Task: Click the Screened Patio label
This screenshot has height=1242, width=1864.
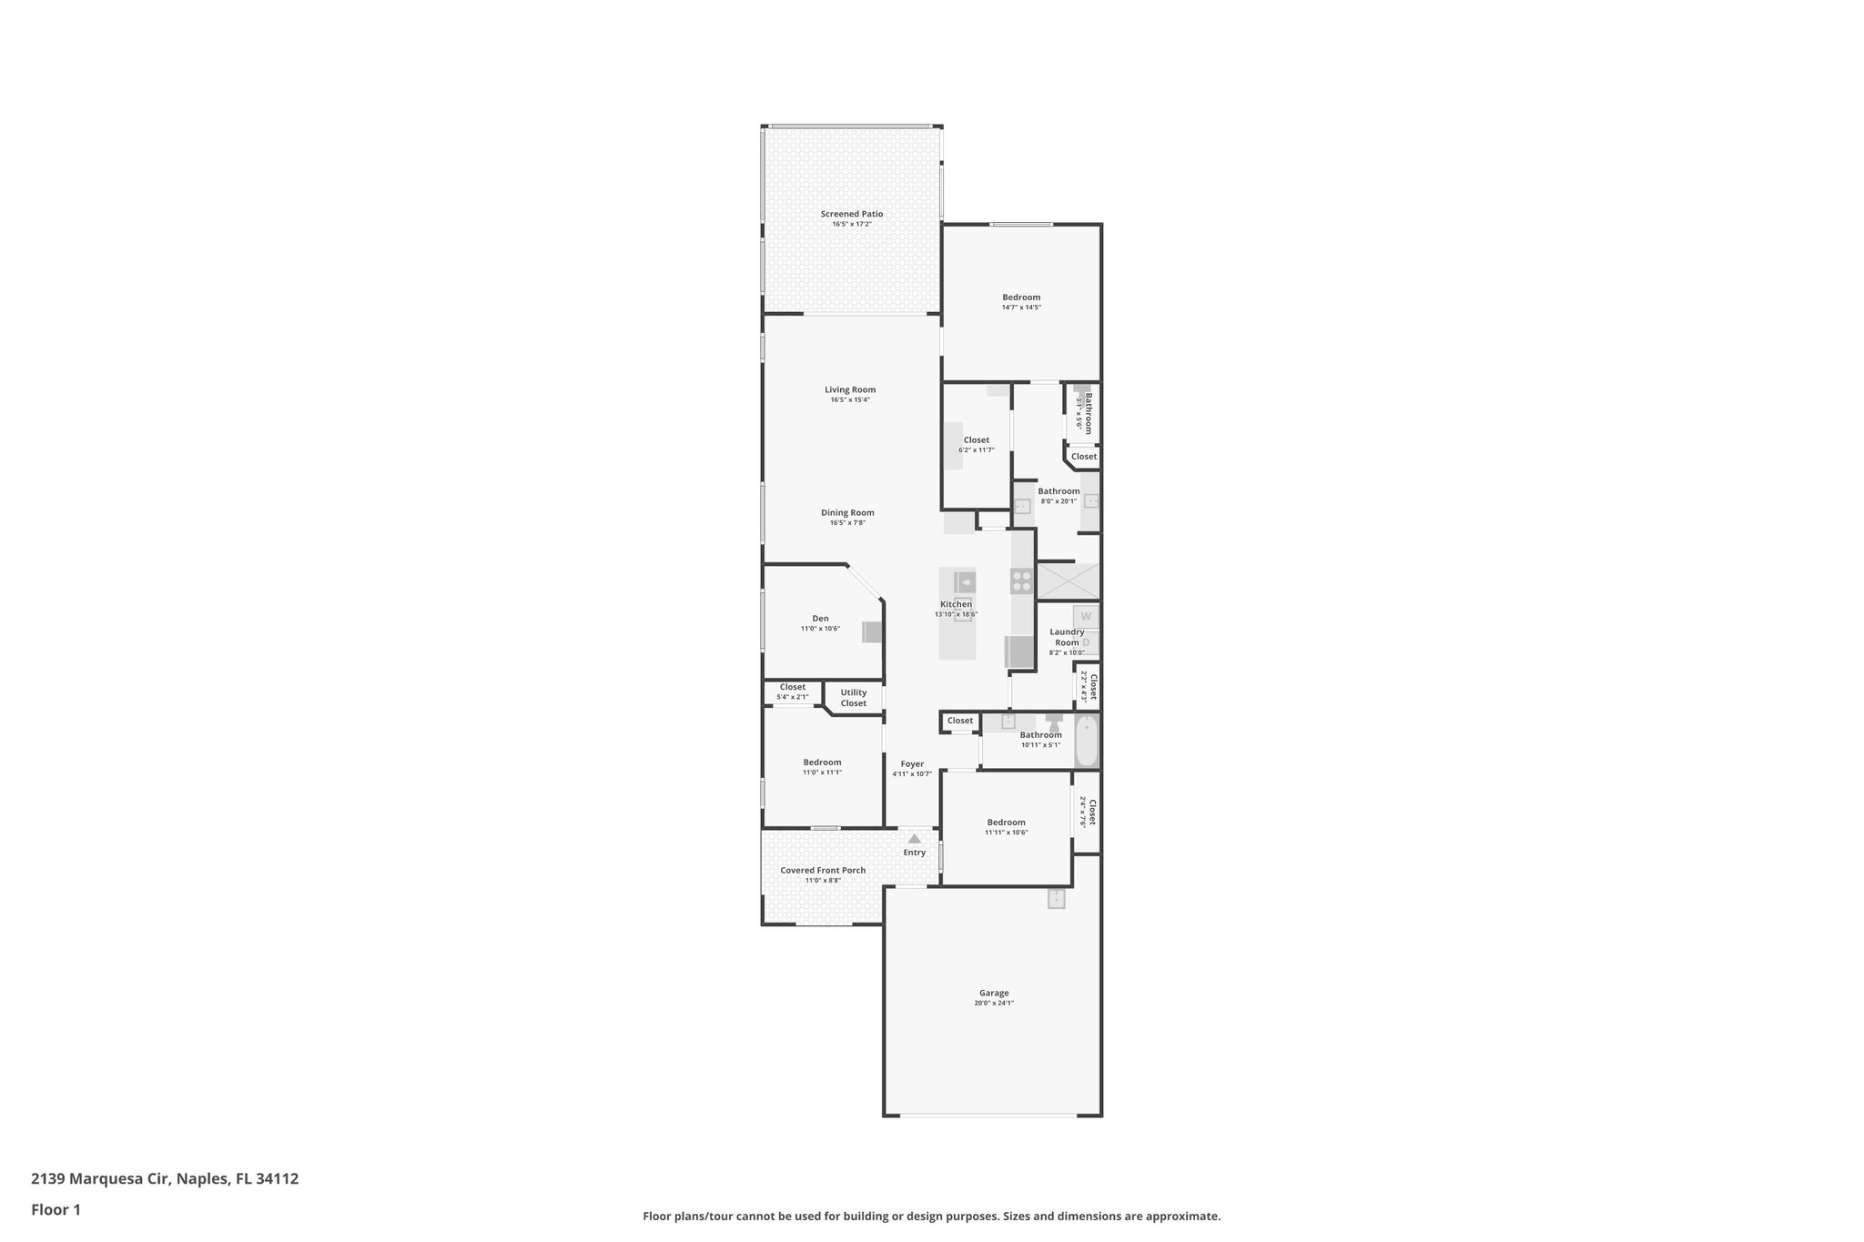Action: pyautogui.click(x=851, y=214)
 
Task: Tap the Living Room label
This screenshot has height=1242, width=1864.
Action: pyautogui.click(x=850, y=389)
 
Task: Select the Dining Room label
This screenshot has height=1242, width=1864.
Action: pyautogui.click(x=847, y=512)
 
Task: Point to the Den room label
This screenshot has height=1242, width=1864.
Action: pyautogui.click(x=820, y=619)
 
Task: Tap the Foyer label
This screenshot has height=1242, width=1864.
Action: pyautogui.click(x=912, y=764)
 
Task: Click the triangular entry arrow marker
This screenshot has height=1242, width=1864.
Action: pyautogui.click(x=914, y=839)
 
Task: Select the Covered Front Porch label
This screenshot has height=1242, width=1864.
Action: pyautogui.click(x=823, y=871)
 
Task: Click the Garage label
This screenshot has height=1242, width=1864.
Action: pyautogui.click(x=994, y=994)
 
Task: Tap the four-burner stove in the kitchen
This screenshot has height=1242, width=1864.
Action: pyautogui.click(x=1021, y=581)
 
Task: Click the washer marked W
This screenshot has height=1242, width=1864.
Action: pyautogui.click(x=1086, y=616)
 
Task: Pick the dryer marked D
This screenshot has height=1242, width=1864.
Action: pyautogui.click(x=1086, y=642)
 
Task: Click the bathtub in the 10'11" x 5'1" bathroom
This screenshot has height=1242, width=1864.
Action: pyautogui.click(x=1086, y=742)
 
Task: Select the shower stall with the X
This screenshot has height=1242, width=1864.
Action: pyautogui.click(x=1068, y=581)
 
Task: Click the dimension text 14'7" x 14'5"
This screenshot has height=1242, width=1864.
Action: pyautogui.click(x=1021, y=308)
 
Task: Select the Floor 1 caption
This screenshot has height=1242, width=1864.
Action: pyautogui.click(x=56, y=1209)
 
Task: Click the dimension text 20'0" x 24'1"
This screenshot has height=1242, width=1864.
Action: pyautogui.click(x=994, y=1004)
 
